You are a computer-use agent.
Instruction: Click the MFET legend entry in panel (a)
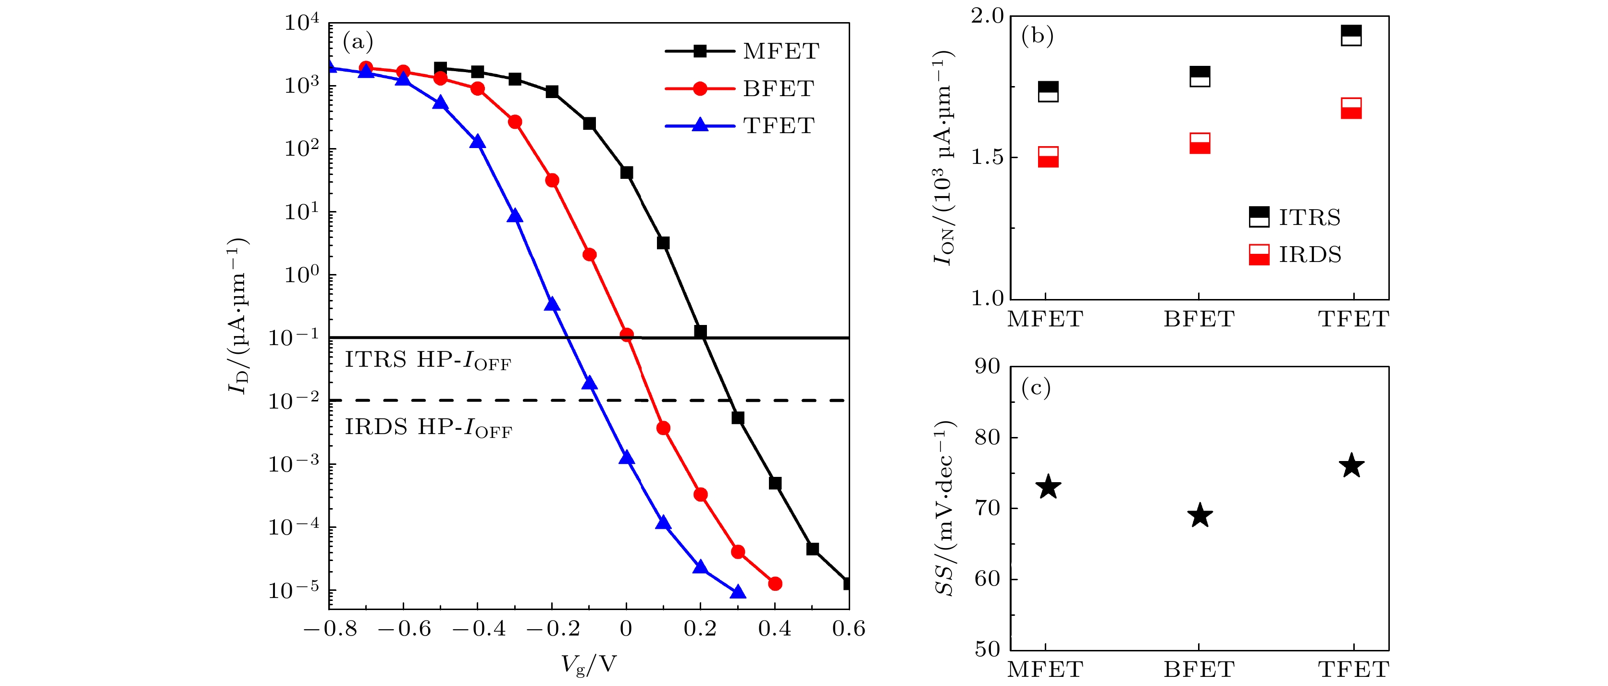pos(743,51)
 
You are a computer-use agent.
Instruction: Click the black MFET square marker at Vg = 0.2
pos(700,331)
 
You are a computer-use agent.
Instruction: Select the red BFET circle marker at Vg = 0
pos(627,335)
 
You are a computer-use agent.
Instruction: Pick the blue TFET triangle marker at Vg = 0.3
pos(738,592)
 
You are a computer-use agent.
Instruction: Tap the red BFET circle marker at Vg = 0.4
pos(775,584)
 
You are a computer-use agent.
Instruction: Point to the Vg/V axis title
pos(589,665)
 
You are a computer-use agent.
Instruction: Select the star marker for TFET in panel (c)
pos(1351,466)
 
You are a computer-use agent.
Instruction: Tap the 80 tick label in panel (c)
pos(987,437)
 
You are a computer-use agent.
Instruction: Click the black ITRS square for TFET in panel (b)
pos(1351,36)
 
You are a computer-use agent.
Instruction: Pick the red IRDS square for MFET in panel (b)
pos(1048,157)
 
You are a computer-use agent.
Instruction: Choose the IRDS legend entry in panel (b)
pos(1295,255)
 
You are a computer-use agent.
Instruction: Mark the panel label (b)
pos(1037,36)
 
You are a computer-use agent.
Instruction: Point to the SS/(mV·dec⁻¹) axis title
pos(944,508)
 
